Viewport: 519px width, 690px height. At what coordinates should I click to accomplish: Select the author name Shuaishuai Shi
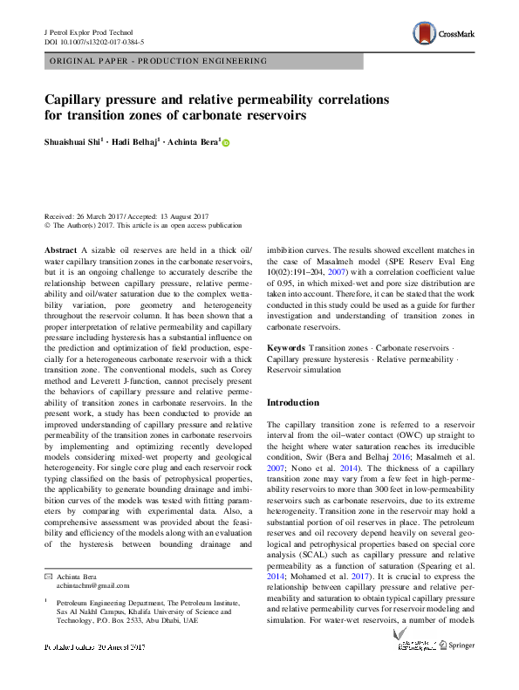pyautogui.click(x=72, y=143)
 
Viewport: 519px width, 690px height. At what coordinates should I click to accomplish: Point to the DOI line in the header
pyautogui.click(x=93, y=41)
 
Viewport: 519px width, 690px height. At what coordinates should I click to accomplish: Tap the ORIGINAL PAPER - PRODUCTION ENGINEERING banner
pyautogui.click(x=157, y=61)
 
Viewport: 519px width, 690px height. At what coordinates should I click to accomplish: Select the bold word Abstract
pyautogui.click(x=60, y=250)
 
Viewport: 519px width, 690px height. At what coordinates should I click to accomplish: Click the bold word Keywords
pyautogui.click(x=285, y=347)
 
